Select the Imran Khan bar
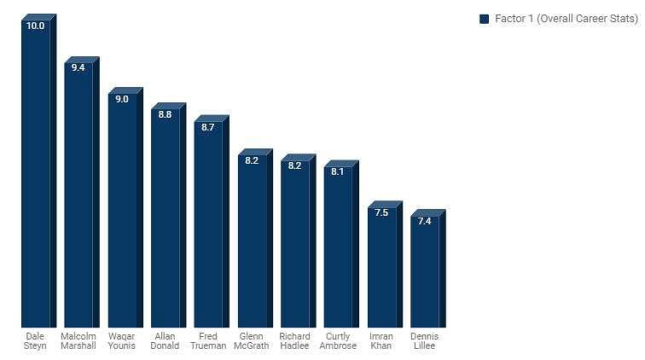click(x=381, y=269)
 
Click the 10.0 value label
click(x=35, y=26)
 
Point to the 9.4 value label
click(x=78, y=67)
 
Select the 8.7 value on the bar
click(x=208, y=127)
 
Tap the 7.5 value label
click(x=381, y=212)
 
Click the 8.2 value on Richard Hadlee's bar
click(x=294, y=165)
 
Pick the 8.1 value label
click(x=338, y=171)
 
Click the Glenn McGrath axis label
click(x=252, y=341)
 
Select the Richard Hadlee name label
click(x=294, y=341)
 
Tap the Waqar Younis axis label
click(x=122, y=341)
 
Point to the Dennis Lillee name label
click(x=424, y=341)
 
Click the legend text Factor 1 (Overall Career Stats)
click(x=566, y=19)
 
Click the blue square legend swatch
click(x=485, y=19)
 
